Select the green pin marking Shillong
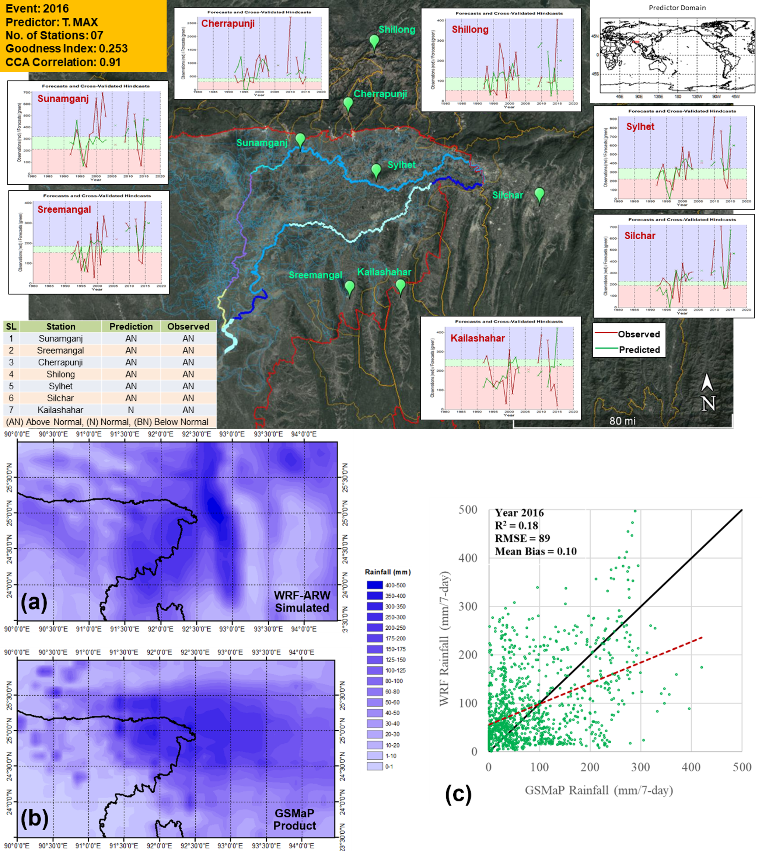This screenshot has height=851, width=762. [374, 42]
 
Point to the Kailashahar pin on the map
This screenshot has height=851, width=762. [400, 286]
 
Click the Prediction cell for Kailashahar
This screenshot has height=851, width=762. [131, 410]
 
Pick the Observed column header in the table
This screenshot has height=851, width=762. [188, 326]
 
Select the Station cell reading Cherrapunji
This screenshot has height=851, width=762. [60, 362]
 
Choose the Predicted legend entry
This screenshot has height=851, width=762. [628, 350]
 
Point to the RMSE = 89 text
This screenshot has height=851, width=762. [522, 538]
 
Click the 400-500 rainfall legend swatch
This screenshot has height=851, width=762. [374, 585]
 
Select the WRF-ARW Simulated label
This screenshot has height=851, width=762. [302, 602]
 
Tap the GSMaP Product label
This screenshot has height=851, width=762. [295, 819]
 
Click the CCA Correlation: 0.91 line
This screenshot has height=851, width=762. [63, 62]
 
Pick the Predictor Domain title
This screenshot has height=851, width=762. [677, 7]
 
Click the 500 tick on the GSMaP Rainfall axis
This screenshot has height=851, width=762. [741, 767]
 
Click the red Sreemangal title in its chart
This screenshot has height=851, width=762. [64, 209]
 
